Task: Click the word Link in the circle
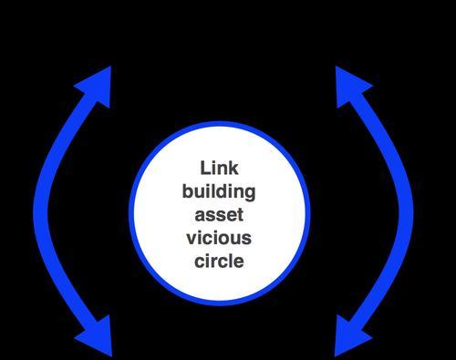219,168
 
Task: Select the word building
219,192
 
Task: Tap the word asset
219,215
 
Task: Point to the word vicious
219,238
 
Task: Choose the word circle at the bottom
219,261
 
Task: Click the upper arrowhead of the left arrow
96,86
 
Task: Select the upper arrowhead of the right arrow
351,86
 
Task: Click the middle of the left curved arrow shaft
40,210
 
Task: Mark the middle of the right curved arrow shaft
406,210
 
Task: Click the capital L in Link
205,168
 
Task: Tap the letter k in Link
233,168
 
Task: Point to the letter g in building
250,194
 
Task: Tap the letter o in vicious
223,240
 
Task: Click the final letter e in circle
239,262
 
